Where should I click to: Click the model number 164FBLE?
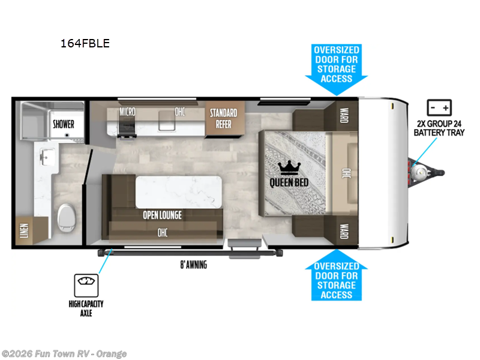[85, 43]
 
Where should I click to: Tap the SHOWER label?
[63, 124]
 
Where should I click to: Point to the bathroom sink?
[46, 157]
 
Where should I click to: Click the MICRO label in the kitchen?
[127, 112]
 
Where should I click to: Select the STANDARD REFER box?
[223, 119]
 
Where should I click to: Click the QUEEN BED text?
[289, 182]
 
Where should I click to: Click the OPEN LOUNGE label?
[161, 215]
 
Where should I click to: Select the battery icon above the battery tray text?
[439, 108]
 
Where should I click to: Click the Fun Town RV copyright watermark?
[64, 353]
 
